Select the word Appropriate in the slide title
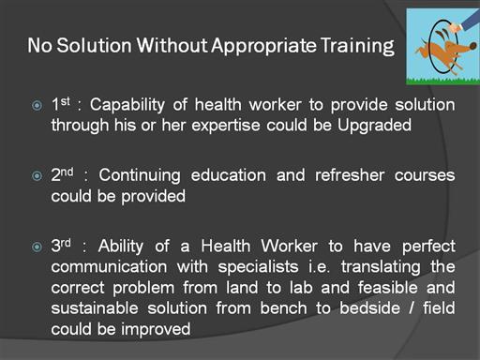pyautogui.click(x=264, y=46)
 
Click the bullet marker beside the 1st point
pyautogui.click(x=37, y=105)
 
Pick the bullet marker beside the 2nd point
pyautogui.click(x=37, y=176)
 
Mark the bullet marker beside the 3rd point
pyautogui.click(x=37, y=247)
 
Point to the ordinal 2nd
pyautogui.click(x=62, y=174)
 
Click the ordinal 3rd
pyautogui.click(x=61, y=246)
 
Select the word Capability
pyautogui.click(x=127, y=105)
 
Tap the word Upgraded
pyautogui.click(x=374, y=126)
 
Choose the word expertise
pyautogui.click(x=226, y=127)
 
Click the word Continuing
pyautogui.click(x=140, y=175)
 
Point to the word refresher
pyautogui.click(x=350, y=175)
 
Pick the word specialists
pyautogui.click(x=258, y=267)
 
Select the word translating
pyautogui.click(x=381, y=267)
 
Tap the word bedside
pyautogui.click(x=369, y=308)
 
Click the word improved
pyautogui.click(x=156, y=329)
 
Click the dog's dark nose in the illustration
pyautogui.click(x=473, y=47)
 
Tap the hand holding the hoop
pyautogui.click(x=455, y=27)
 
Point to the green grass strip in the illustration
pyautogui.click(x=442, y=82)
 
